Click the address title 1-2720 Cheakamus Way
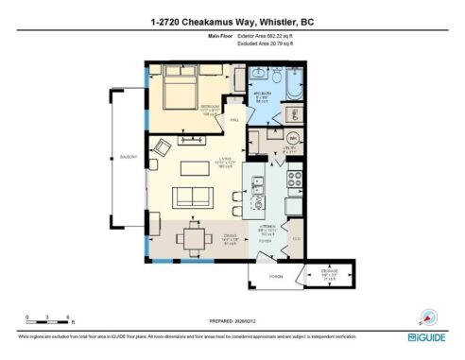click(232, 21)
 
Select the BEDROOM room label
click(211, 110)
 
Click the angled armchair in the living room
click(164, 147)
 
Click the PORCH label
click(276, 278)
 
